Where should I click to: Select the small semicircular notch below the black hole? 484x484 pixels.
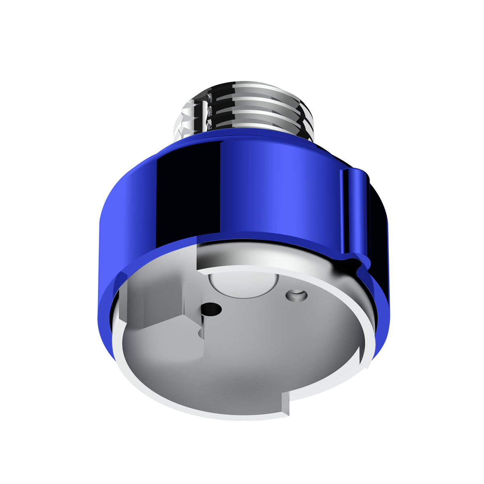pos(200,333)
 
